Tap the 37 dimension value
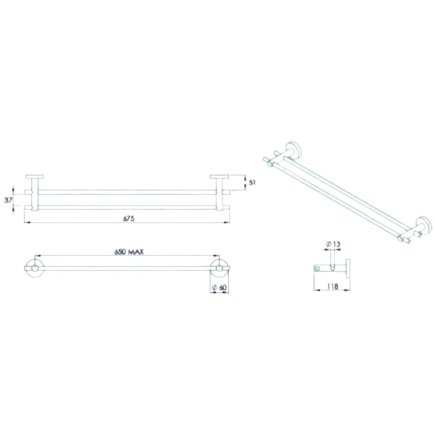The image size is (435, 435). (x=8, y=200)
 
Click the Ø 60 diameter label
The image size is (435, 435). (x=219, y=287)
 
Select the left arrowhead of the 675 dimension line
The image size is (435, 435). (x=27, y=223)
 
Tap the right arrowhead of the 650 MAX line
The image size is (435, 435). (x=217, y=256)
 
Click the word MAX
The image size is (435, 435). (x=135, y=252)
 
